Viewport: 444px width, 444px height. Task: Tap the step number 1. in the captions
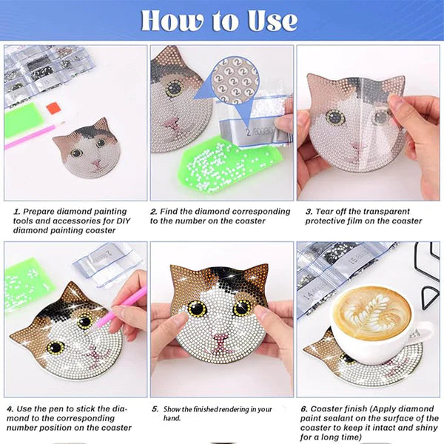coord(16,212)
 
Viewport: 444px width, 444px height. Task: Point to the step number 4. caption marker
coord(10,408)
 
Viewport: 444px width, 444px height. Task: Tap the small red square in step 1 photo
coord(53,108)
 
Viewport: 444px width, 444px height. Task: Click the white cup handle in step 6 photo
coord(426,332)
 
